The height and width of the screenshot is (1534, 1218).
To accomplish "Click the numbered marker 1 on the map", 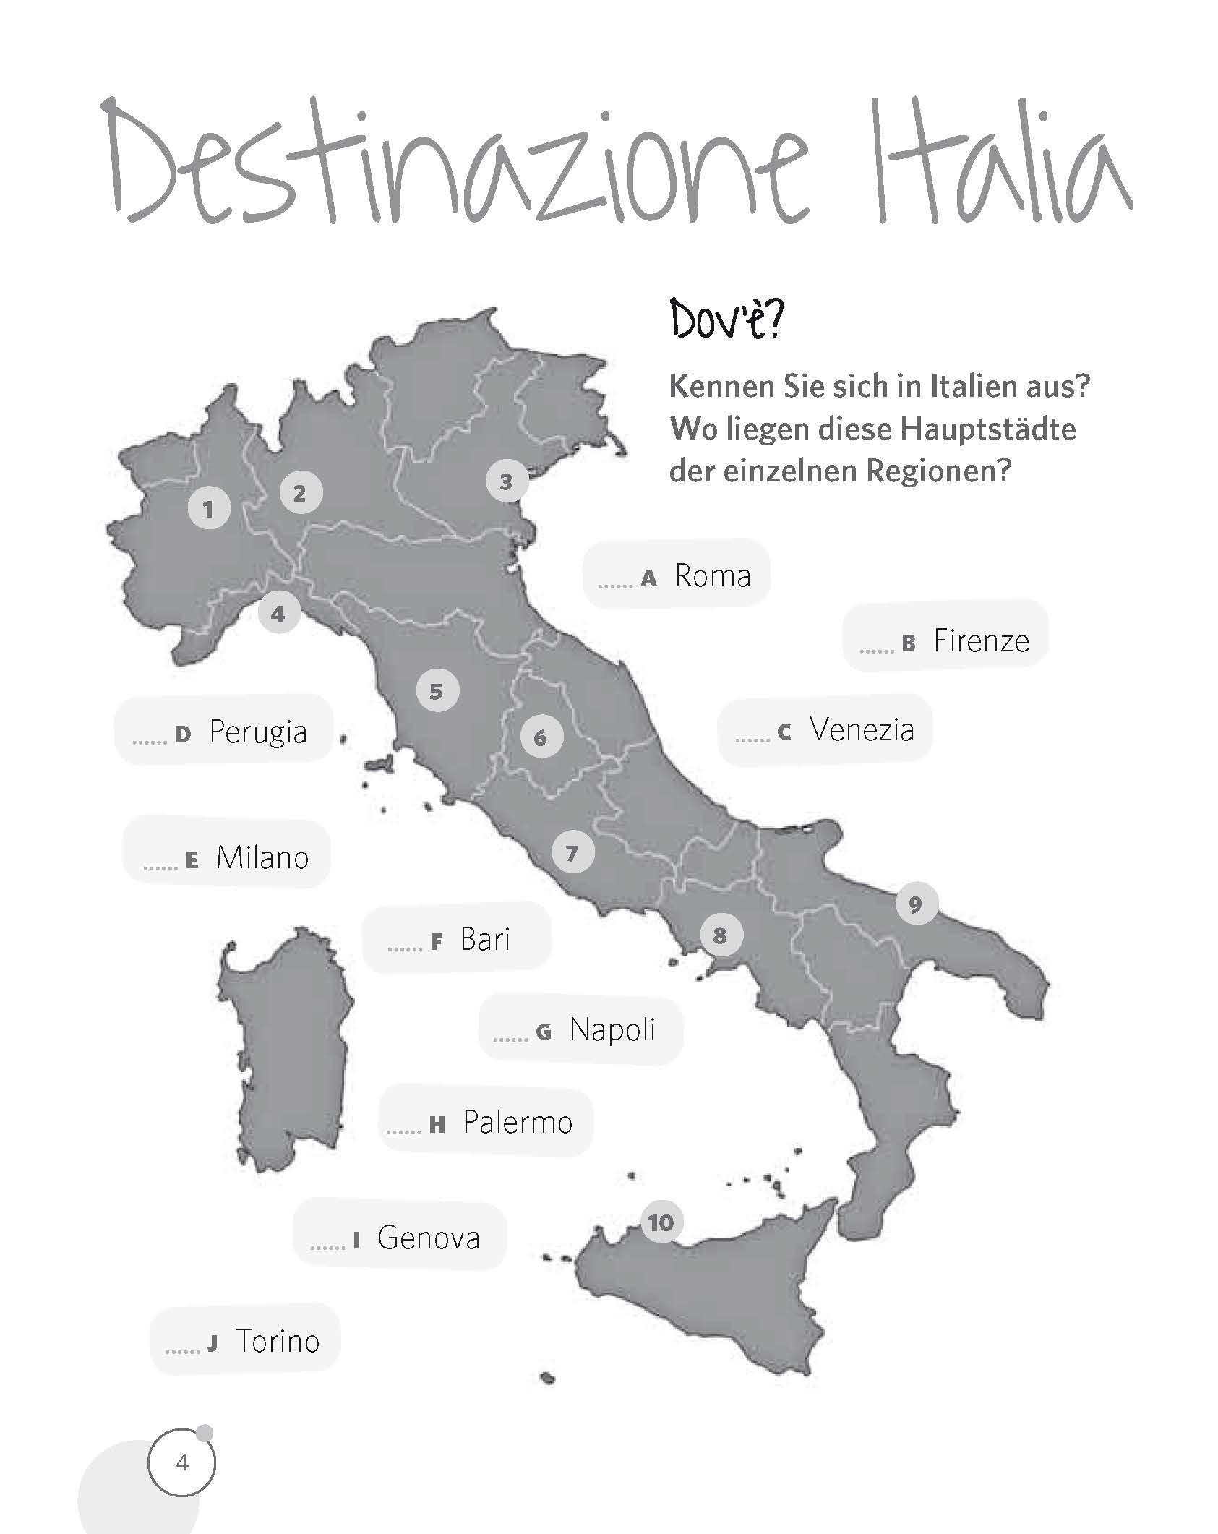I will click(x=208, y=508).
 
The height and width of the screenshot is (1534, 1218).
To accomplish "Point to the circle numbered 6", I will click(x=541, y=737).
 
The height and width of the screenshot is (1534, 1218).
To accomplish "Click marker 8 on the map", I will click(x=719, y=935).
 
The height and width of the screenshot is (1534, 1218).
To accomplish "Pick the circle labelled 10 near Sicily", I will click(x=661, y=1222).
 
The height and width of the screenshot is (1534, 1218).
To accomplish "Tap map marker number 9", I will click(x=915, y=904).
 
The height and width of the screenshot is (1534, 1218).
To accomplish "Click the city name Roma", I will click(x=713, y=576).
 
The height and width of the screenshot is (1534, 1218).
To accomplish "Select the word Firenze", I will click(x=981, y=640).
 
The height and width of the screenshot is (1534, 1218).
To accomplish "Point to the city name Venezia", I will click(x=862, y=729).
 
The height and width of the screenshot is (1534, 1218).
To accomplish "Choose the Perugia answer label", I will click(x=258, y=732).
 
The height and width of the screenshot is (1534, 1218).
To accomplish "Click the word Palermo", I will click(x=518, y=1122).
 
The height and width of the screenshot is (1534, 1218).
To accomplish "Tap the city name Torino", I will click(x=278, y=1341).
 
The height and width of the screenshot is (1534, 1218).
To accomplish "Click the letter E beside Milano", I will click(x=192, y=860).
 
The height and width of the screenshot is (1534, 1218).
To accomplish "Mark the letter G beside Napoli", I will click(x=544, y=1032).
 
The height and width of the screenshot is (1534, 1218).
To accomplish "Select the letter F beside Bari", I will click(x=436, y=942).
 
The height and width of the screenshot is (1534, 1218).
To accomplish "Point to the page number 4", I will click(x=181, y=1463).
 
